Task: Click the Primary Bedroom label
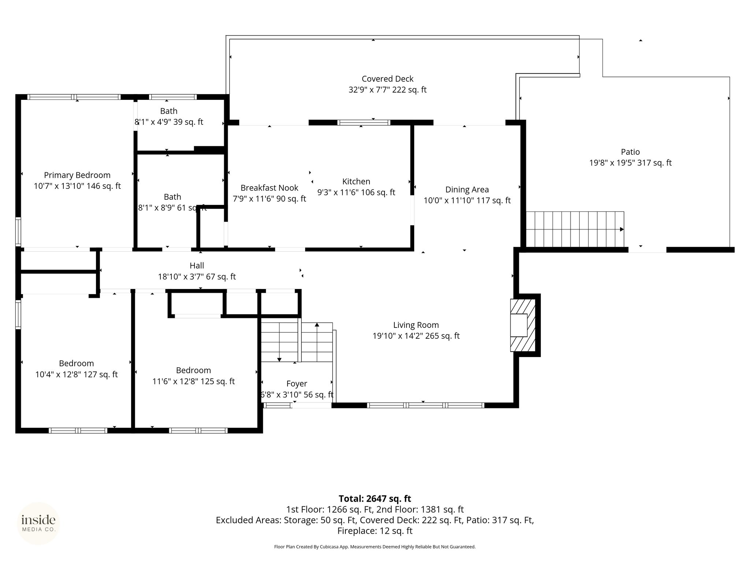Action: [x=77, y=175]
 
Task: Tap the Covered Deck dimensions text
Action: [x=387, y=90]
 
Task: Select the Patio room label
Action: [x=630, y=152]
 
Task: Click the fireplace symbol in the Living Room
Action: [x=519, y=325]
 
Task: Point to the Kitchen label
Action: [x=356, y=181]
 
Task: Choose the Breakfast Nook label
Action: [x=269, y=188]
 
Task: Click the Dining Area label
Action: [x=467, y=190]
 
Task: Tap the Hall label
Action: [x=197, y=266]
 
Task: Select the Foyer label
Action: [x=297, y=384]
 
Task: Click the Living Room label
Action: [x=416, y=325]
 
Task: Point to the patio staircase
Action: [x=575, y=229]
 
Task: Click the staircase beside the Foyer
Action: [x=297, y=342]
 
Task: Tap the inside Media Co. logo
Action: [x=38, y=523]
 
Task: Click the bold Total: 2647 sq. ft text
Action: [x=375, y=499]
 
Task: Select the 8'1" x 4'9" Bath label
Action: [x=169, y=116]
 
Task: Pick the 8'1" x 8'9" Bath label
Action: [x=172, y=202]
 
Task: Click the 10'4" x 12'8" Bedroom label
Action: [x=77, y=369]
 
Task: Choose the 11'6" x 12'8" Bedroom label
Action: [x=193, y=376]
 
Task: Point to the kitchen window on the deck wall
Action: [x=364, y=123]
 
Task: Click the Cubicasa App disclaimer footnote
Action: [x=375, y=547]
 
